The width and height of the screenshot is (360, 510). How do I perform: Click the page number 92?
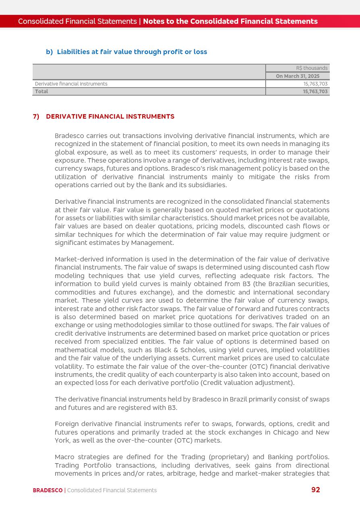tap(316, 490)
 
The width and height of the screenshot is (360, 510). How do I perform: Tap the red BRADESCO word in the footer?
tap(48, 491)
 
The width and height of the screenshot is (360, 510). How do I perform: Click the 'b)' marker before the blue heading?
tap(49, 52)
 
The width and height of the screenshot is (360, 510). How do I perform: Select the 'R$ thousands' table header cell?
tap(312, 68)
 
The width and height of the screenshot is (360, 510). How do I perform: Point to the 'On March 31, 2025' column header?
tap(298, 76)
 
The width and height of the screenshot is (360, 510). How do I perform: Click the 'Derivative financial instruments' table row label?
tap(71, 84)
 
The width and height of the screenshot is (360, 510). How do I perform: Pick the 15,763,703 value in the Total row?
tap(315, 92)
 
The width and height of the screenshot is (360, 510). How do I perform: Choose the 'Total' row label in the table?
tap(42, 92)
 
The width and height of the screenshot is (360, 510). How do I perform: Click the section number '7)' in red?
tap(36, 117)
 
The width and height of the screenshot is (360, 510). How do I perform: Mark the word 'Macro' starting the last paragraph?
tap(65, 457)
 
